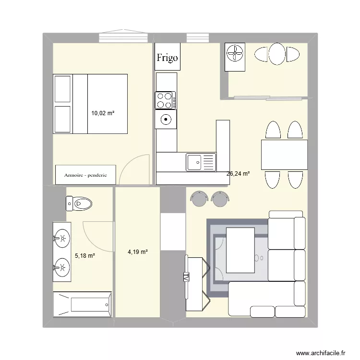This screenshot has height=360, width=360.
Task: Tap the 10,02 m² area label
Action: [x=103, y=113]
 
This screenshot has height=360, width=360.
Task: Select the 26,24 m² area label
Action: [x=238, y=174]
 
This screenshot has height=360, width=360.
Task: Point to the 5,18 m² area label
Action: [x=84, y=256]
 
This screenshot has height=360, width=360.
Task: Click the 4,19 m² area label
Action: [x=137, y=251]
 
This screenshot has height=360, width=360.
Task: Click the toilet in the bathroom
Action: [x=79, y=204]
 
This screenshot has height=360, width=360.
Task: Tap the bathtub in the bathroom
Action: [x=83, y=304]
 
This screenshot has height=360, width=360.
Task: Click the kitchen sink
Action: [x=201, y=162]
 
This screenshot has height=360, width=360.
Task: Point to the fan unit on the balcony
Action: [x=235, y=54]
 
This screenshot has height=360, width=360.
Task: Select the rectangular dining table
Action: [x=284, y=154]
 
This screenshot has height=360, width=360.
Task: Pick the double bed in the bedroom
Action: [x=90, y=104]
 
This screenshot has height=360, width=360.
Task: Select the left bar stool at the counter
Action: [x=198, y=197]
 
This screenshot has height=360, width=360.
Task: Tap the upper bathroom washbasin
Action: [x=61, y=237]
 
